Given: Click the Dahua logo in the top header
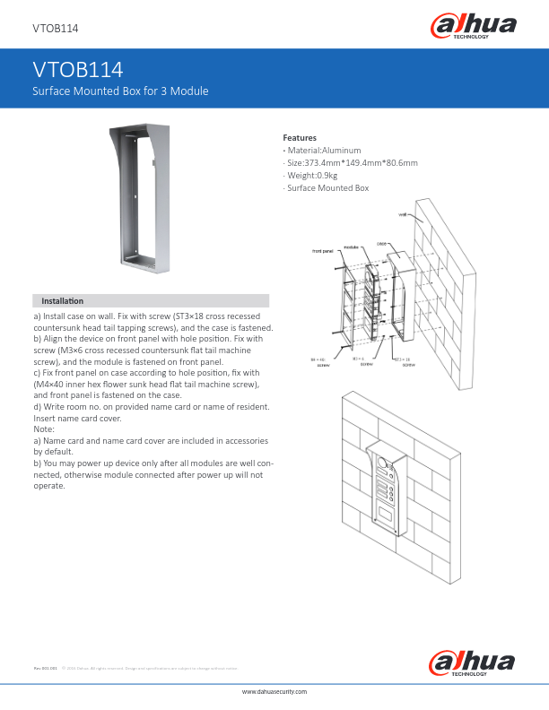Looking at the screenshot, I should [474, 27].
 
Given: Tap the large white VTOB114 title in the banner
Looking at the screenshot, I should [77, 71].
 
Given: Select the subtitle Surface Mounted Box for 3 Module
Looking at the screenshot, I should [120, 92].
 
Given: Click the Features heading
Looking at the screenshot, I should [300, 137].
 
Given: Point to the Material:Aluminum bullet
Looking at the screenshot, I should [323, 150].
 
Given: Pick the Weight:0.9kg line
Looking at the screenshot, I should [310, 176].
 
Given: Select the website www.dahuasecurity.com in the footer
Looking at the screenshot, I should [274, 693].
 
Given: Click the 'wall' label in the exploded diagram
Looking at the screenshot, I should [404, 215].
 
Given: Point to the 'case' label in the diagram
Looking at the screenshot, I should [381, 243].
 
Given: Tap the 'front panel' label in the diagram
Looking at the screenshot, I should [323, 251].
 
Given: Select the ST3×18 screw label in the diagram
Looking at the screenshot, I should [406, 361].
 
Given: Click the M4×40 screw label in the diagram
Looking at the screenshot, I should [318, 362].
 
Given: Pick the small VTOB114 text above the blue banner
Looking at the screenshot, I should [55, 29].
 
